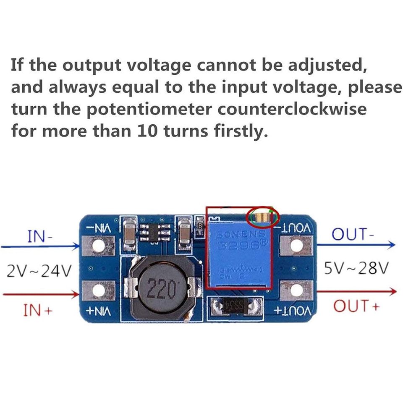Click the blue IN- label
[x=40, y=236]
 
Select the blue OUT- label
[x=352, y=234]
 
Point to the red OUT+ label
[x=356, y=306]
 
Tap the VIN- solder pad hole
[x=99, y=246]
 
